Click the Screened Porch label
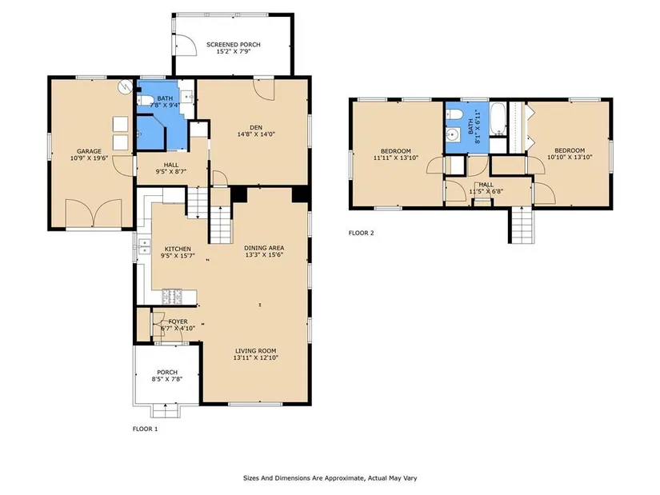pos(233,44)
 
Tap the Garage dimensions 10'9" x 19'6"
pos(89,158)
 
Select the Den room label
pos(256,127)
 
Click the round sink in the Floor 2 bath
pos(453,134)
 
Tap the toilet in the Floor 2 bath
pos(454,114)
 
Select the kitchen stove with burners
pos(172,297)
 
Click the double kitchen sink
pos(144,246)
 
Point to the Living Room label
pos(255,350)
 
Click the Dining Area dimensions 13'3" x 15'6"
pos(264,254)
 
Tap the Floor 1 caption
pos(146,429)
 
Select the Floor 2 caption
pos(361,233)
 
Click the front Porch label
pos(167,372)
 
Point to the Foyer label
pos(178,321)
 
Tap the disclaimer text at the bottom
pos(330,477)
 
